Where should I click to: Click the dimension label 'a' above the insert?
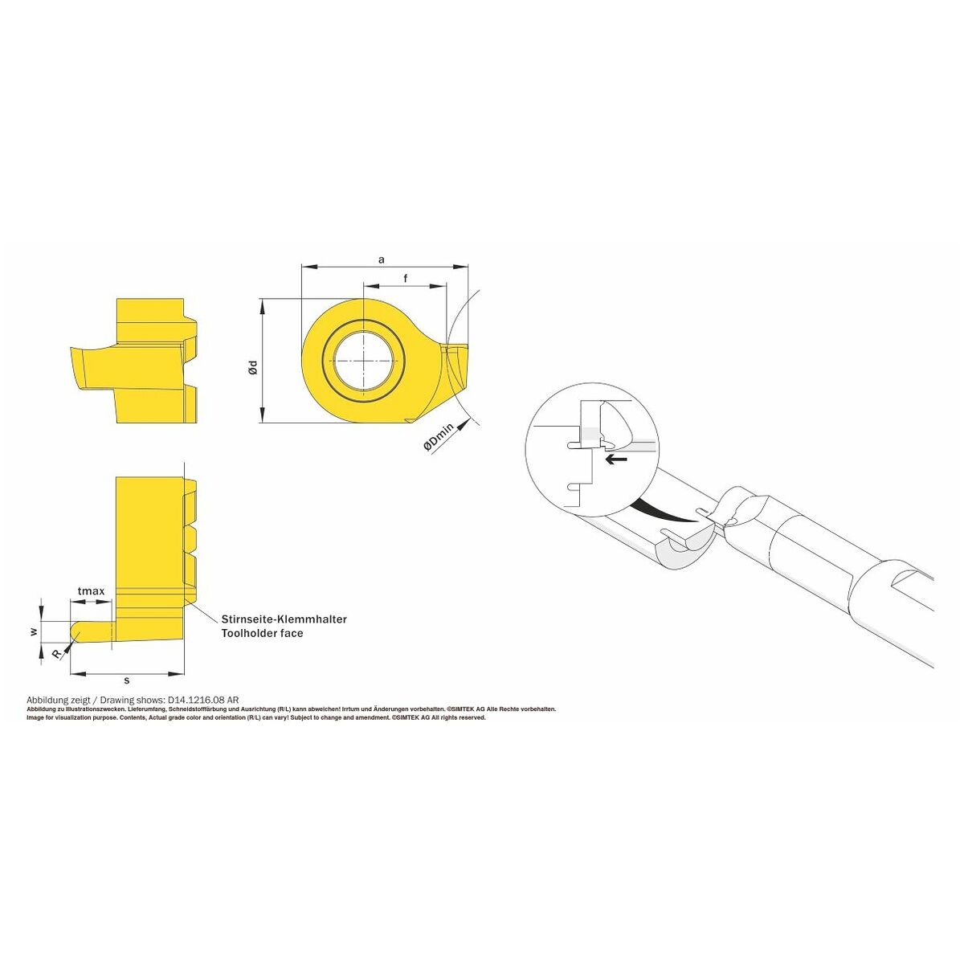click(x=382, y=259)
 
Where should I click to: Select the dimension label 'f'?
click(x=406, y=278)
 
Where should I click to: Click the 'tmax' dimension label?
click(x=91, y=591)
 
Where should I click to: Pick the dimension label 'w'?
click(x=34, y=631)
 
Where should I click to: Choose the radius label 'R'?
click(x=56, y=654)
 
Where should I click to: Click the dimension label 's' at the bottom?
click(x=127, y=680)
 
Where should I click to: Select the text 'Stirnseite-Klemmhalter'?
click(x=284, y=619)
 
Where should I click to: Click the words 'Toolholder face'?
click(x=262, y=633)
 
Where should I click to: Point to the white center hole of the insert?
click(x=363, y=361)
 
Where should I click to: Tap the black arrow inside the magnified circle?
click(x=616, y=460)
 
